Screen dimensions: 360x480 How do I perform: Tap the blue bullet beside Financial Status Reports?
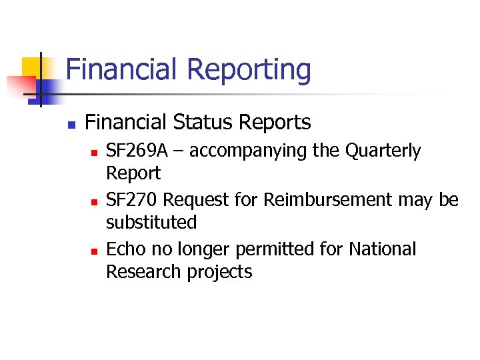(x=70, y=124)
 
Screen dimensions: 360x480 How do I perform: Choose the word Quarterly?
(x=383, y=152)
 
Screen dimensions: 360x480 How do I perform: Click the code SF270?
(x=132, y=199)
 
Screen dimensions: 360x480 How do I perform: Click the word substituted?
(x=151, y=222)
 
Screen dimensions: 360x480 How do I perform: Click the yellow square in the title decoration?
(x=31, y=67)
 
